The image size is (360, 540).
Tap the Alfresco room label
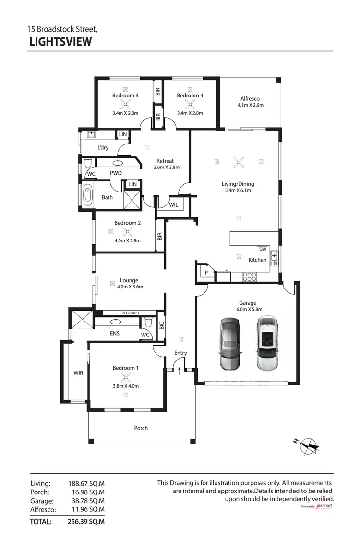(x=250, y=99)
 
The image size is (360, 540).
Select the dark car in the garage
(x=229, y=343)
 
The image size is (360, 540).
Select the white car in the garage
(x=267, y=343)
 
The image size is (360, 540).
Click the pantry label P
(x=206, y=273)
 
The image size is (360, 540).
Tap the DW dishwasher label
(x=263, y=249)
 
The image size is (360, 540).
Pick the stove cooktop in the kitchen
(x=250, y=276)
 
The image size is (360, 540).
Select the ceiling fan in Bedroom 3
(x=125, y=103)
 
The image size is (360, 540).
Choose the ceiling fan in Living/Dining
(x=238, y=162)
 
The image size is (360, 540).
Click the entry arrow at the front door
(x=180, y=370)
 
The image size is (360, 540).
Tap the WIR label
(x=79, y=372)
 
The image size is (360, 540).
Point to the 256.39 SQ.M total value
(x=86, y=521)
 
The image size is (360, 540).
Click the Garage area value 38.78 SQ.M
(x=86, y=501)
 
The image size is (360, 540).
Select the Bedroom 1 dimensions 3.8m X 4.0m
(x=125, y=385)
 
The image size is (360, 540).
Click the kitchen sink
(x=274, y=258)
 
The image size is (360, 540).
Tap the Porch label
(x=141, y=428)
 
